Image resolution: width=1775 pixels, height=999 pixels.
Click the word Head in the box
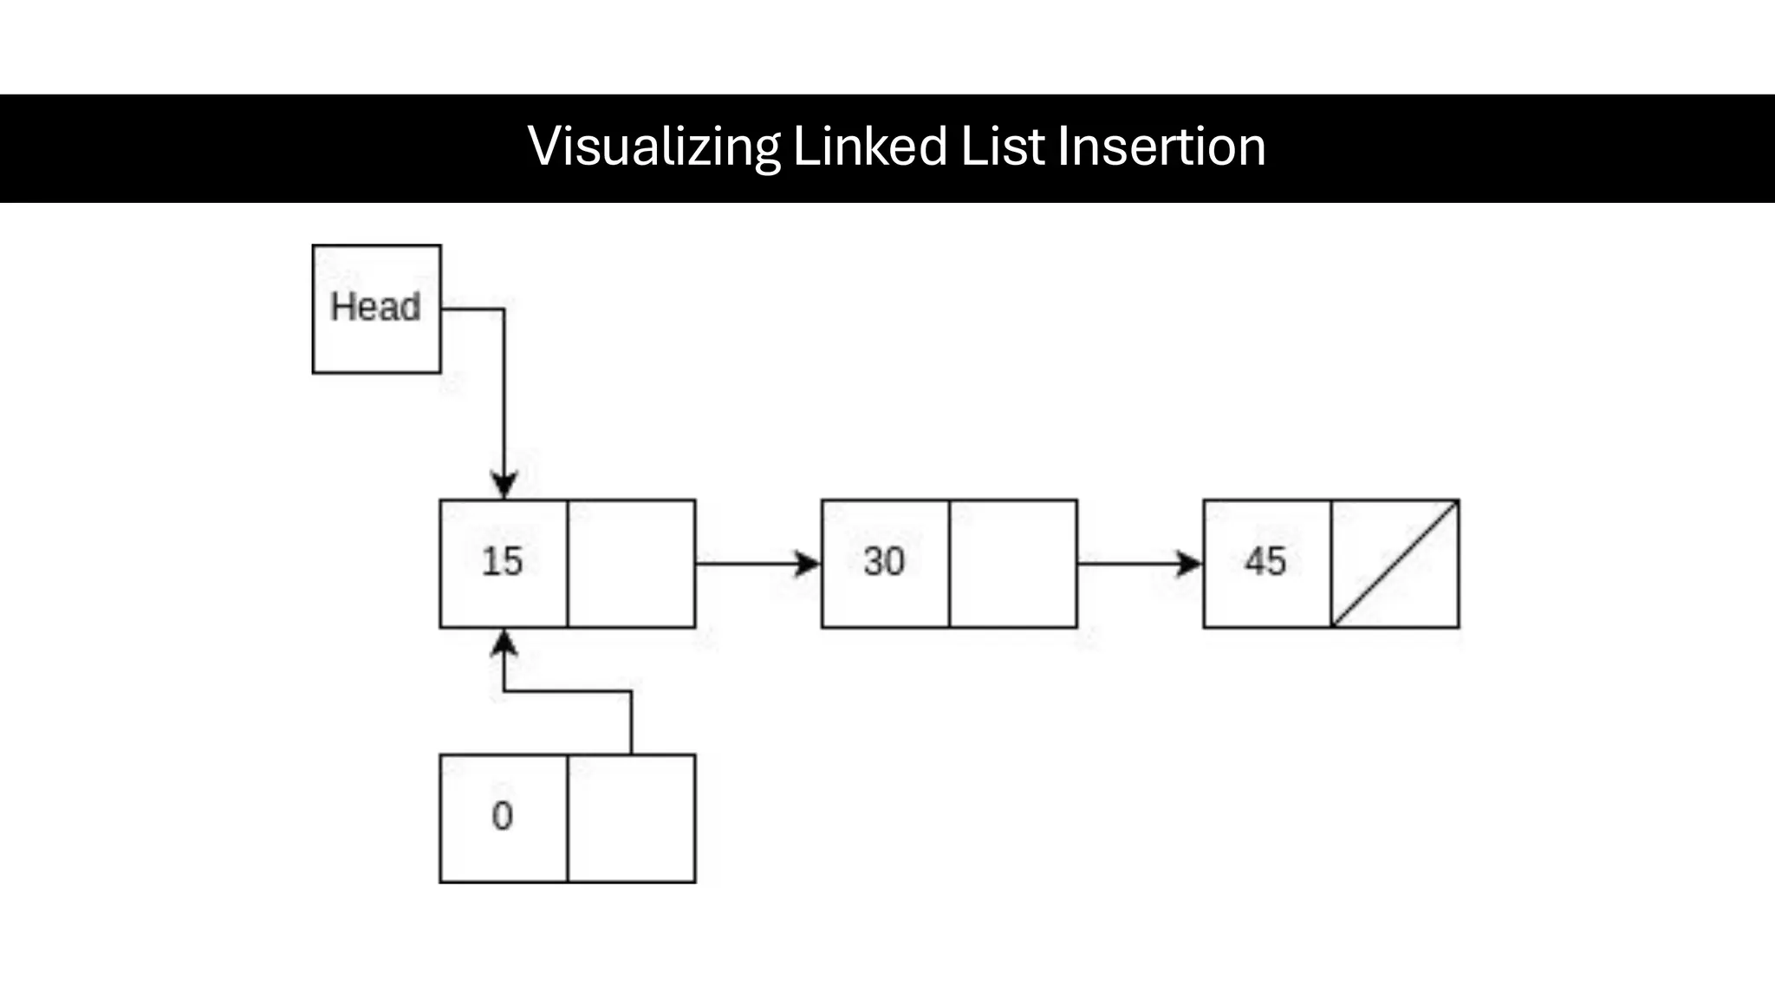coord(375,307)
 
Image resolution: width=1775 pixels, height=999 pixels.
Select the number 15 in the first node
coord(503,561)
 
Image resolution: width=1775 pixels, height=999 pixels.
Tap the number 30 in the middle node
coord(884,561)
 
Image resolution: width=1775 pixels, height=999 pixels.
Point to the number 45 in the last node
coord(1265,561)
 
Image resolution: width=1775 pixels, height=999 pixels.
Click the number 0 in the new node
coord(503,816)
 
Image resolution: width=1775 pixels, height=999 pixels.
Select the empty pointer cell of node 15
coord(631,564)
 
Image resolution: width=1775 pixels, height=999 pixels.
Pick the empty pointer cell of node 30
coord(1012,564)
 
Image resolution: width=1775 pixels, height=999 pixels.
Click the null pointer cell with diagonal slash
coord(1395,564)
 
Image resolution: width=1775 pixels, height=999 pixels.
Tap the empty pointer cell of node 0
coord(631,819)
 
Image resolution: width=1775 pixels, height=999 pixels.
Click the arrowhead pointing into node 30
coord(809,564)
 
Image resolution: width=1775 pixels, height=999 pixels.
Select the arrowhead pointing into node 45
coord(1190,564)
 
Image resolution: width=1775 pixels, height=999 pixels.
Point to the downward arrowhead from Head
coord(504,485)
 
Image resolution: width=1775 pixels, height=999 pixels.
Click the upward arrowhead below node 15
coord(504,643)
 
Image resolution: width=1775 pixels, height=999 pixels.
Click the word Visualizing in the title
coord(653,147)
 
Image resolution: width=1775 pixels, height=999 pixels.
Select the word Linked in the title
coord(869,147)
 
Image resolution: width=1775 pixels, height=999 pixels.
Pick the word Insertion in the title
coord(1161,147)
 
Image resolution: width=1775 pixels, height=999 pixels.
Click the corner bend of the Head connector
coord(504,309)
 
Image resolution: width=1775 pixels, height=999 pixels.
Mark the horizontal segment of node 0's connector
coord(568,691)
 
